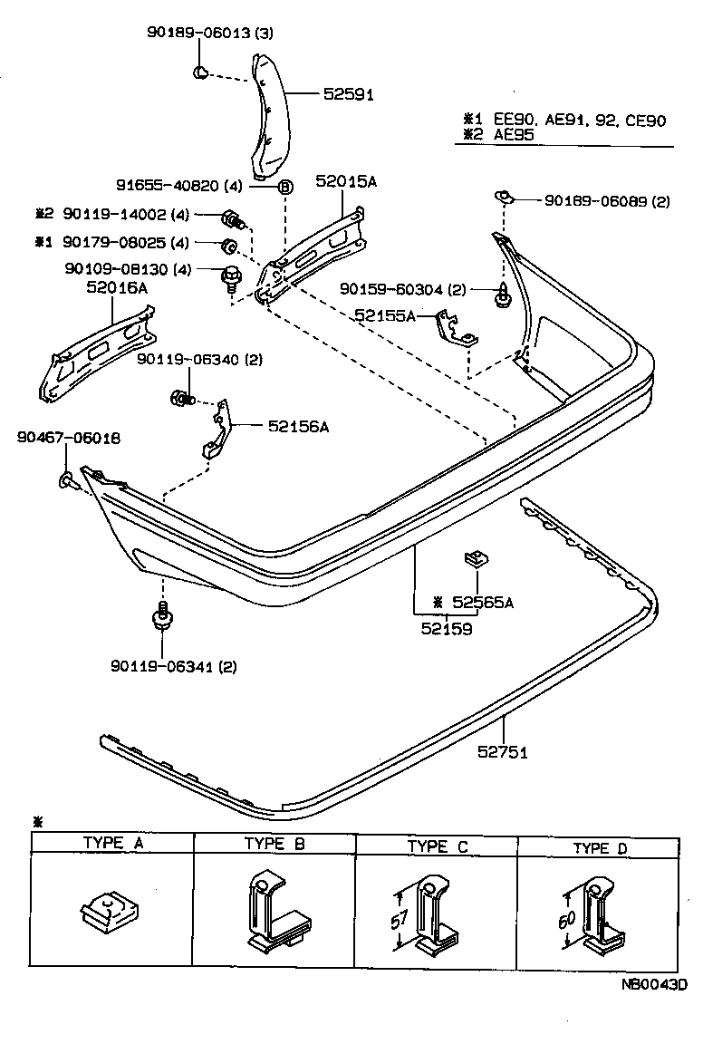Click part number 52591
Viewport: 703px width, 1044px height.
(347, 93)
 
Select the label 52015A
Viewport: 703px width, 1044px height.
(345, 182)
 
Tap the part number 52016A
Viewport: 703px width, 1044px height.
(117, 288)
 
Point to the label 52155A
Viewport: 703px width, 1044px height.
(385, 315)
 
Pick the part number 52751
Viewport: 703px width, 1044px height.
(504, 751)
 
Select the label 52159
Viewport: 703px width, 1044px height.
(447, 627)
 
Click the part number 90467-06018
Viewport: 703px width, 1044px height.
(68, 438)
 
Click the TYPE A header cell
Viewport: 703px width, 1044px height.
(112, 843)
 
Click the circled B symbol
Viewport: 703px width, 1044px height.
(284, 187)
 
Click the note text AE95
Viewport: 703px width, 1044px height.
(514, 134)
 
